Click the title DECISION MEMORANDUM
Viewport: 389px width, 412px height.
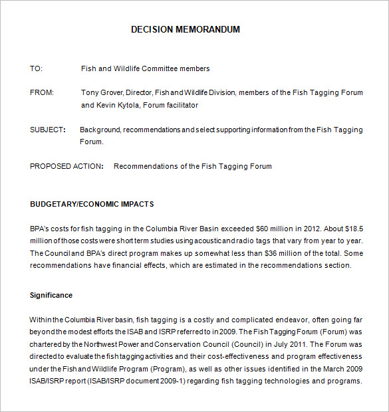click(x=186, y=29)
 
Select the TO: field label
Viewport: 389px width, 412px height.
click(x=36, y=68)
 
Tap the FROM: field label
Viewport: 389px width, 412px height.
click(x=42, y=93)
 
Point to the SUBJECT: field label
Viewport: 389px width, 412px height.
click(x=48, y=130)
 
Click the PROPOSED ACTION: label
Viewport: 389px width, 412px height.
click(x=66, y=166)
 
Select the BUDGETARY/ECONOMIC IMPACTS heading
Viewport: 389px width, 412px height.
click(x=92, y=204)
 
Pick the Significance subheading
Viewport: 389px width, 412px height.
click(x=51, y=295)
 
